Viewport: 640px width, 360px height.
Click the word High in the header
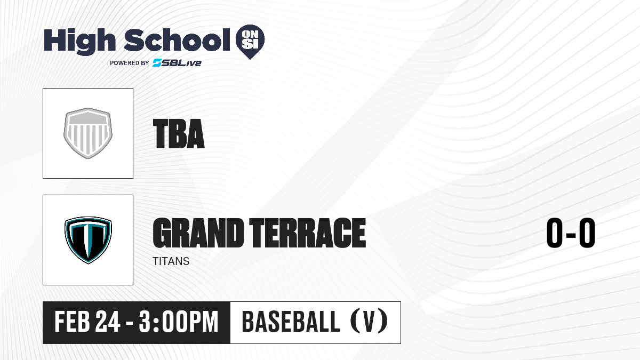pos(79,42)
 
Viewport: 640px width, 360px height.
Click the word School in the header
pos(177,40)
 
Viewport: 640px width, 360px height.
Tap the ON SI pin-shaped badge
pos(250,42)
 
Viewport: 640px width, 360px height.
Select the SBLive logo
pos(177,63)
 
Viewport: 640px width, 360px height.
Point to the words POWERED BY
pos(130,63)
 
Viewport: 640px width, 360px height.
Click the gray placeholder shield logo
pos(88,133)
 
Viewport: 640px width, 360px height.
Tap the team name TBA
pos(179,134)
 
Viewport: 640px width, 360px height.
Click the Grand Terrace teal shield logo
pos(88,240)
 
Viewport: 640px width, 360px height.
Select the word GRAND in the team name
pos(198,233)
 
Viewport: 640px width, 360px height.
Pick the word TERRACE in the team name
pos(308,233)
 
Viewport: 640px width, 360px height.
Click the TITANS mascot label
pos(171,261)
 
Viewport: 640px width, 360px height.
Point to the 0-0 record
pos(571,233)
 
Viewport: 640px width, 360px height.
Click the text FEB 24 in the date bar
pos(87,322)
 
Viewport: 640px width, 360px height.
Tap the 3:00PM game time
pos(179,322)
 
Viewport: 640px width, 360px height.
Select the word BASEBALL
pos(291,322)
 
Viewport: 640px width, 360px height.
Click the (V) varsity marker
pos(369,322)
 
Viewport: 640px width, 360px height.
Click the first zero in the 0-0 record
pos(555,233)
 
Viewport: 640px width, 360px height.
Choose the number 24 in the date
pos(108,322)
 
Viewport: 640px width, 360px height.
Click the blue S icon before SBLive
pos(157,63)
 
